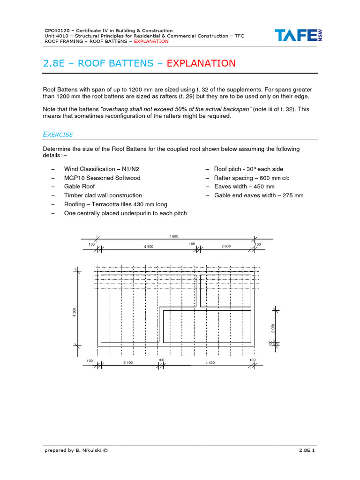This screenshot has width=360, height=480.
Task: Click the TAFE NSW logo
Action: click(299, 36)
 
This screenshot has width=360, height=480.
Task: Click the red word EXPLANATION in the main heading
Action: click(201, 63)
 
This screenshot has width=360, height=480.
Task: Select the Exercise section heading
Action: click(58, 135)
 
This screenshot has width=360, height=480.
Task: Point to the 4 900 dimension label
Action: click(149, 246)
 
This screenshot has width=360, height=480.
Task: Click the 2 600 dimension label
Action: click(226, 246)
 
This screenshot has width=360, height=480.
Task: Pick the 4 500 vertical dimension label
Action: click(74, 312)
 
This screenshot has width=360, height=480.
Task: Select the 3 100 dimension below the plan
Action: click(128, 362)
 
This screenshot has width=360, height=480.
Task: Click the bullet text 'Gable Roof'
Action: click(79, 187)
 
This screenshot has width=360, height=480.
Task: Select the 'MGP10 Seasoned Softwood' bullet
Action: click(102, 178)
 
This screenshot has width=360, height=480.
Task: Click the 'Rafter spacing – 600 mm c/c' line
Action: click(252, 178)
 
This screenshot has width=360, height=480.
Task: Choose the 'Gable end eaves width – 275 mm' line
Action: click(258, 195)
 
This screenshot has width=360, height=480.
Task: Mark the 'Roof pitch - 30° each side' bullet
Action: click(248, 169)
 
